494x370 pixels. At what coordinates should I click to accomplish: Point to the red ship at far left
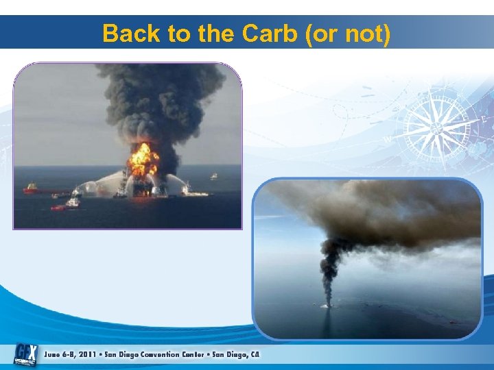tap(31, 188)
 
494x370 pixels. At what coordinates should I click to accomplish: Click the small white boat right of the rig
tap(213, 177)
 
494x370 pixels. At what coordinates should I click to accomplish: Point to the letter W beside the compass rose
tap(388, 138)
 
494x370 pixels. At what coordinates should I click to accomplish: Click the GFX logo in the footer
tap(26, 354)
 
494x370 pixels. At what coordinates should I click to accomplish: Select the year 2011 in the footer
tap(87, 355)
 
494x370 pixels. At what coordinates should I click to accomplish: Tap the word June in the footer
tap(54, 355)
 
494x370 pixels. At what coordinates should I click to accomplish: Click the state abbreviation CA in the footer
tap(255, 355)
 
